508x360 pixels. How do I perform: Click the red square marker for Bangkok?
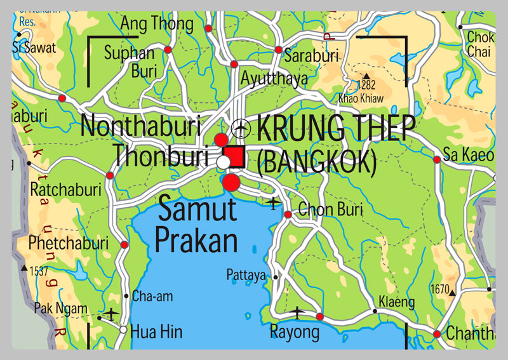click(x=236, y=156)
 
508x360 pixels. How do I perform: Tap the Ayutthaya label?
click(x=274, y=78)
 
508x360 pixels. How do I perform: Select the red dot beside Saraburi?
click(x=278, y=50)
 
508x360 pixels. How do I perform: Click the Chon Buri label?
click(x=325, y=208)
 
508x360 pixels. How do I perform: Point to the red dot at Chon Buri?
click(x=288, y=215)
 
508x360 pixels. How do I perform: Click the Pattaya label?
click(x=246, y=275)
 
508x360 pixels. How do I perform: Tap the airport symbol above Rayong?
click(x=297, y=312)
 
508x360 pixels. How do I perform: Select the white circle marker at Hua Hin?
click(x=123, y=330)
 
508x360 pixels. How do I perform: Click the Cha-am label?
click(x=152, y=296)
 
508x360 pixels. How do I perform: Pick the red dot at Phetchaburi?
click(x=124, y=244)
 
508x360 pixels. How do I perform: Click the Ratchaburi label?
click(x=65, y=189)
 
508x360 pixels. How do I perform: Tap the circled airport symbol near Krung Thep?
click(x=241, y=128)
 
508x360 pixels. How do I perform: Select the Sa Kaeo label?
click(x=468, y=154)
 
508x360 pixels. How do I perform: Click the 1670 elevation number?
click(x=439, y=289)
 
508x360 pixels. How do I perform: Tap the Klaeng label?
click(x=396, y=302)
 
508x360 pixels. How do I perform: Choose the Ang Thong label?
click(x=157, y=24)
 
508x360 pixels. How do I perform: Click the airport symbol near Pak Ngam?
click(x=111, y=314)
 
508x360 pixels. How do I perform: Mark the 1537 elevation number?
click(x=39, y=271)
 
